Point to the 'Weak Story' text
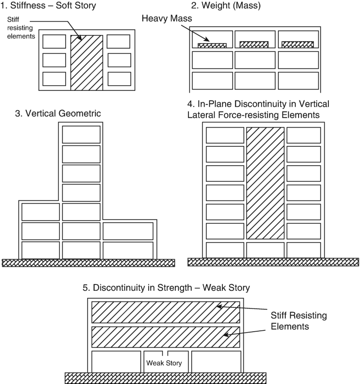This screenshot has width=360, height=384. (x=164, y=363)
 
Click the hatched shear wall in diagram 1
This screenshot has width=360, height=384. (x=87, y=61)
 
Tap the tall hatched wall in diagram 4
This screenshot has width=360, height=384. (x=265, y=183)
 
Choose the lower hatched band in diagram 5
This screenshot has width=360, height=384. (x=165, y=337)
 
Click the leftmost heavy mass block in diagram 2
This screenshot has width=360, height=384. (x=212, y=45)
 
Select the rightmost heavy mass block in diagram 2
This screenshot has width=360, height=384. (x=298, y=45)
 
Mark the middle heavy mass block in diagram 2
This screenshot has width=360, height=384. (x=254, y=45)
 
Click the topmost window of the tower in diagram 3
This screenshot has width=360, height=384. (x=81, y=134)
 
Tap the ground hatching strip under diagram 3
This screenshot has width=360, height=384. (x=89, y=262)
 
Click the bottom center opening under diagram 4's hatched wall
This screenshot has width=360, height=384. (x=265, y=250)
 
